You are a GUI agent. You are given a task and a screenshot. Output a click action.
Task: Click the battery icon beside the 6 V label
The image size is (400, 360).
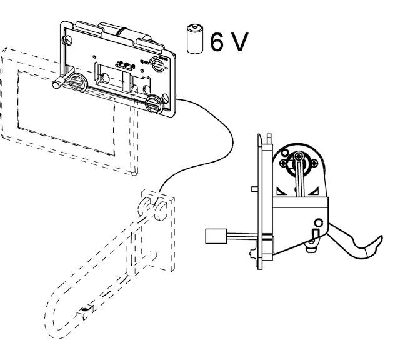click(x=195, y=39)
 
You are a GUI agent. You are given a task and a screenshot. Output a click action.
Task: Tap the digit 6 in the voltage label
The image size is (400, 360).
click(x=217, y=42)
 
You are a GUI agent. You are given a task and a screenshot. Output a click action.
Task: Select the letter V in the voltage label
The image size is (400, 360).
click(x=240, y=42)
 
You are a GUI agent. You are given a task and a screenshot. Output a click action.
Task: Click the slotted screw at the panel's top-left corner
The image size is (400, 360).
click(x=67, y=40)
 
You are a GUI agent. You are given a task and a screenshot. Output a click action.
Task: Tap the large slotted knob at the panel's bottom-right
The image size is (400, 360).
click(x=154, y=104)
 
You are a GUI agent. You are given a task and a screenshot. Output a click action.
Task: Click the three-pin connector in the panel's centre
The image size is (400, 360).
click(x=125, y=65)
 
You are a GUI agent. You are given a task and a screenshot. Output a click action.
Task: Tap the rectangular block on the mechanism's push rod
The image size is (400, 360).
click(x=216, y=236)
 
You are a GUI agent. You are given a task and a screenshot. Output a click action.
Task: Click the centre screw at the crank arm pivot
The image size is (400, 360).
click(x=298, y=156)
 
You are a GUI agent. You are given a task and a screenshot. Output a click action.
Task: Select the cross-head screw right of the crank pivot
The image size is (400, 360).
click(x=315, y=162)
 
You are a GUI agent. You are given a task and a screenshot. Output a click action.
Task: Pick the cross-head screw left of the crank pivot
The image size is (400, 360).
click(x=283, y=162)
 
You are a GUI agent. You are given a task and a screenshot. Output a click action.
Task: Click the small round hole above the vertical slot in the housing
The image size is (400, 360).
click(x=319, y=222)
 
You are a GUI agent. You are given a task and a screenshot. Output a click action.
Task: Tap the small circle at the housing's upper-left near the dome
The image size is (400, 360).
click(x=284, y=154)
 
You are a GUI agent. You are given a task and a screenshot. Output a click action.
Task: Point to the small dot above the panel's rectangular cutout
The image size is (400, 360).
click(x=95, y=56)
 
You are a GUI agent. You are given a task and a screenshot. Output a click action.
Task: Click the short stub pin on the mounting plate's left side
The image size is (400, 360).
click(x=254, y=189)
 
